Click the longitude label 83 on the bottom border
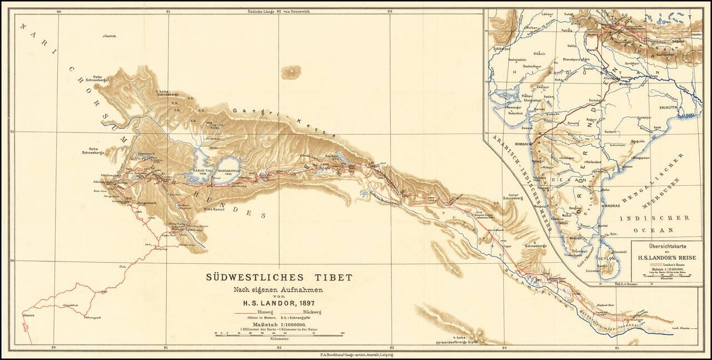[x=392, y=348]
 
